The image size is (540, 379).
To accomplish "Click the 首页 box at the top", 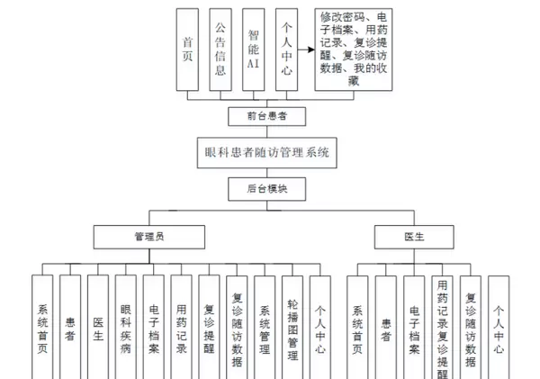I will point(187,49).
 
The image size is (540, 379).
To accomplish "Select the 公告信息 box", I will point(221,49).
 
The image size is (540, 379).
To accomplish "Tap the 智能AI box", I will point(254,49).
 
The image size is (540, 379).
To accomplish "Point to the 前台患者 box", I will point(268,116).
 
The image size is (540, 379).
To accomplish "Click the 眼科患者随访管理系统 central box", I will point(268,152).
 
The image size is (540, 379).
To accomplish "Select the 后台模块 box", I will point(268,189).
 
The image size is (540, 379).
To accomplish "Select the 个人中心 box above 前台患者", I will point(286,49).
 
